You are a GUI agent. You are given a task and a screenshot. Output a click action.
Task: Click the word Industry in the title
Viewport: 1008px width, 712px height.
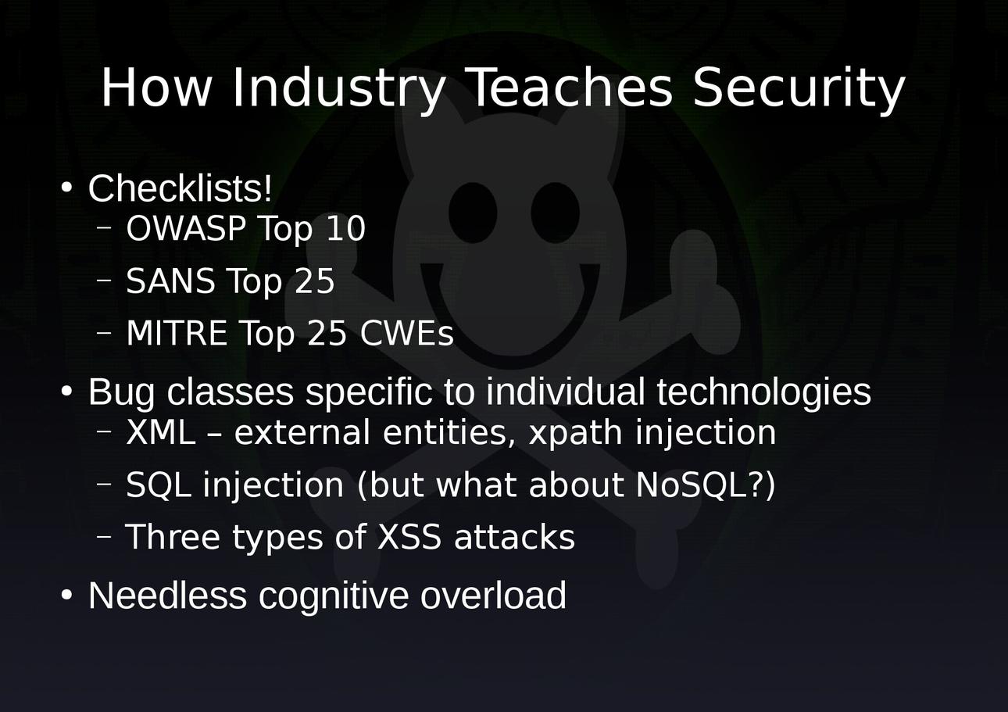(338, 88)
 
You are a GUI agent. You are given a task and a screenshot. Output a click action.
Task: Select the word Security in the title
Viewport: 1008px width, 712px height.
(799, 88)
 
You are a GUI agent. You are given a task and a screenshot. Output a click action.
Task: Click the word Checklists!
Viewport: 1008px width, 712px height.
(180, 188)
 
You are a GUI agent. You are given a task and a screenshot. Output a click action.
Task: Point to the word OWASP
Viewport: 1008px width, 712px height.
(186, 228)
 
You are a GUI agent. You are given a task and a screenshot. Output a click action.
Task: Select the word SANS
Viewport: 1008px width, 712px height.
(170, 281)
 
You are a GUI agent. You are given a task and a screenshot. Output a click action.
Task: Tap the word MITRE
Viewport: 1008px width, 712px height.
(177, 333)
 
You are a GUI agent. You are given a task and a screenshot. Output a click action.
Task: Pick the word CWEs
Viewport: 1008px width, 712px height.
(407, 333)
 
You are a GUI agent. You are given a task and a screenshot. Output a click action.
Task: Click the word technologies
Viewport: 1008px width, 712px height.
(763, 392)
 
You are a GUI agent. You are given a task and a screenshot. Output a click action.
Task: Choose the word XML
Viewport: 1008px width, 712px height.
(161, 431)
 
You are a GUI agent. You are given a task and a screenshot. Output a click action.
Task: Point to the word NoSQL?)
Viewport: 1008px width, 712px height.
(706, 485)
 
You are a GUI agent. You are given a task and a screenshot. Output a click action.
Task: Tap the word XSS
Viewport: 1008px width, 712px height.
(409, 536)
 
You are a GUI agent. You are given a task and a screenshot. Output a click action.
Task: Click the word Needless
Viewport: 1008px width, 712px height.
(167, 596)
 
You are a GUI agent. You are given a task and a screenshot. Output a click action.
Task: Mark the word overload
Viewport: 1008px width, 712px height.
(493, 596)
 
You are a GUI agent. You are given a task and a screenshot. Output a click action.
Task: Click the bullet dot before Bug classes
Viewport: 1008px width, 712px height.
(66, 391)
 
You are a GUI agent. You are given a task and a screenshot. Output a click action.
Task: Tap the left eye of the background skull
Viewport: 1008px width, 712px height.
(473, 213)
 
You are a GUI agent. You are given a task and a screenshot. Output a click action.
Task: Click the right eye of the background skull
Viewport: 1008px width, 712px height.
(556, 213)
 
